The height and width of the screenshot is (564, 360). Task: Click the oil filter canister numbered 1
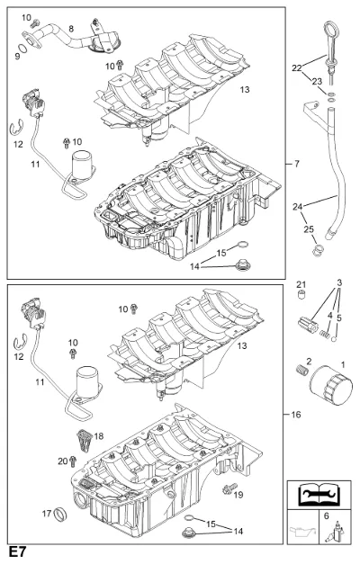(331, 385)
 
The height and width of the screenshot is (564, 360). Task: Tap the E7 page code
(18, 552)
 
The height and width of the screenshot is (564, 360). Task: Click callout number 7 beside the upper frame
(297, 164)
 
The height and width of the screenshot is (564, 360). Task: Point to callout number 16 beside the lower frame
(295, 415)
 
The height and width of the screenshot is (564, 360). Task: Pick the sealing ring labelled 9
(23, 49)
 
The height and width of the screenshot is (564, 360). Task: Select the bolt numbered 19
(229, 488)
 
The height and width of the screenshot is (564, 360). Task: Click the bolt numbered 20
(73, 461)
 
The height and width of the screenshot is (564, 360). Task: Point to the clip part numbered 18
(85, 441)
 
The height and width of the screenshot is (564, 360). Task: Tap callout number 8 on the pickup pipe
(71, 29)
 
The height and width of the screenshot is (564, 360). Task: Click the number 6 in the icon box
(326, 516)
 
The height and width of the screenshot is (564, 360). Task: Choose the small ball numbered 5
(335, 339)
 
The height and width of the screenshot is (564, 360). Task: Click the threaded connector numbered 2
(302, 370)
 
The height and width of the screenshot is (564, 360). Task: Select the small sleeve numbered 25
(317, 250)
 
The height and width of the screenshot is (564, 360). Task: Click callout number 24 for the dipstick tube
(297, 207)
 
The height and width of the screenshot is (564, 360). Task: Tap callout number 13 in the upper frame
(245, 89)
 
